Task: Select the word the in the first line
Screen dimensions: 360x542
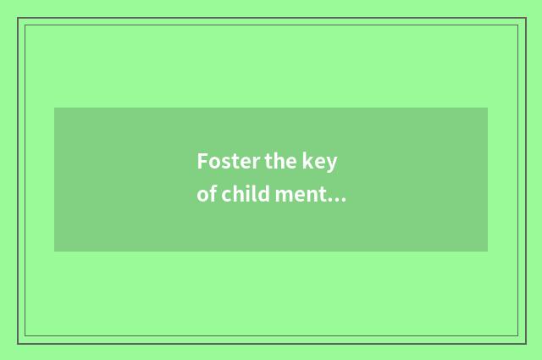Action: point(285,161)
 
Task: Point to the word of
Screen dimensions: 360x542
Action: point(206,195)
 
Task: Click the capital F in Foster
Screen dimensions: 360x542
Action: point(202,161)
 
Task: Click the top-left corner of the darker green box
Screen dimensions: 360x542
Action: point(54,108)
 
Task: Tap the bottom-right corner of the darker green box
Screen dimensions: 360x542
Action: point(488,252)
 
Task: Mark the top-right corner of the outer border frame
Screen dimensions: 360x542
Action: point(526,18)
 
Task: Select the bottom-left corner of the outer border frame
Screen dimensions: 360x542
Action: point(18,343)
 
